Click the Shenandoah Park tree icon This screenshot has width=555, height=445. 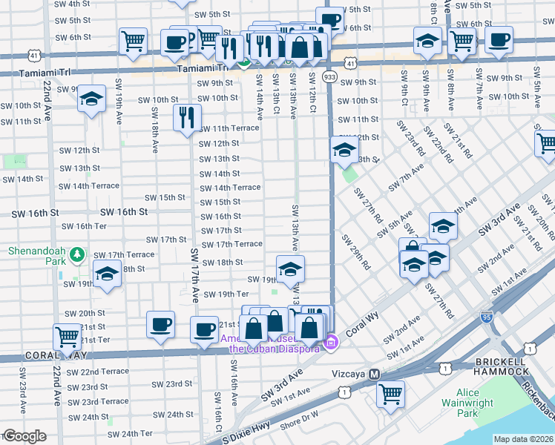click(x=77, y=256)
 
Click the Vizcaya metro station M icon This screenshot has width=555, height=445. click(x=375, y=375)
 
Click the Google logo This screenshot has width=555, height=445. click(x=24, y=436)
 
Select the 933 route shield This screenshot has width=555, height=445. click(x=328, y=76)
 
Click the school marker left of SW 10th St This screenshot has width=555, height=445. click(x=91, y=99)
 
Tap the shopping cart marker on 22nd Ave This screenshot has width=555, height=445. click(x=67, y=337)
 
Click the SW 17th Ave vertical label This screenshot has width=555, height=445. click(x=195, y=274)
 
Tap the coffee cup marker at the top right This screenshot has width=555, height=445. click(x=499, y=39)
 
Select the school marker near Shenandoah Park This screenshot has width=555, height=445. click(x=107, y=274)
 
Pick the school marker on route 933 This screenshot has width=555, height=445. click(x=343, y=149)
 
